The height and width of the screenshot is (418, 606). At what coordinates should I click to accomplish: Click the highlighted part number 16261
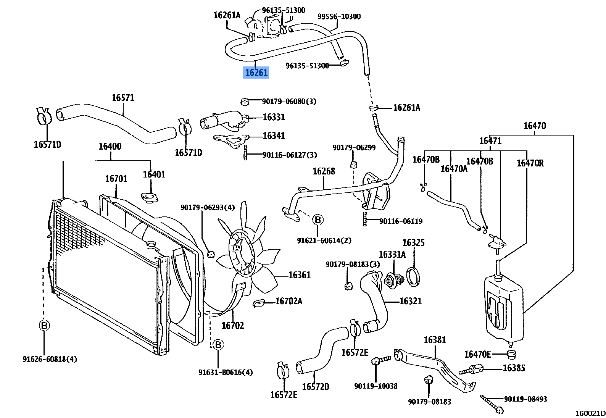pos(256,73)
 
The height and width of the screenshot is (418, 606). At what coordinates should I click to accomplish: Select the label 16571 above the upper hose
pos(123,97)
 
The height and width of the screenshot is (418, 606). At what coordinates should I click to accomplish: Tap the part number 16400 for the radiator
pos(110,146)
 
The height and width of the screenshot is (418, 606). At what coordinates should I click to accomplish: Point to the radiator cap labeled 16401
pos(149,197)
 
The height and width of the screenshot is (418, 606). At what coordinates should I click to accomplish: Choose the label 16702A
pos(288,301)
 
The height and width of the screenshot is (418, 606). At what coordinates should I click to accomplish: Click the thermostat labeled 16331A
pos(393,280)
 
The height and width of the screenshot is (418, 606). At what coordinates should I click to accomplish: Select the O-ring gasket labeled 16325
pos(413,277)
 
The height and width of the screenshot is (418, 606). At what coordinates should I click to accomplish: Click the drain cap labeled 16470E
pos(511,354)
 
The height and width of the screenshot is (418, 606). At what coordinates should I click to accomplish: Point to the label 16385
pos(514,368)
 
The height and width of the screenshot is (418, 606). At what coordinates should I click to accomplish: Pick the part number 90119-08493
pos(525,399)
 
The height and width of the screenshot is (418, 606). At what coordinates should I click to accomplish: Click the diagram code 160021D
pos(590,413)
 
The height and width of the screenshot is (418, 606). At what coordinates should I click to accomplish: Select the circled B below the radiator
pos(44,325)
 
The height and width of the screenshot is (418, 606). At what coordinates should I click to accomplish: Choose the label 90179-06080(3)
pos(289,102)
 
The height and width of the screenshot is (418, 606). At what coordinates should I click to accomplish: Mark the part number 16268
pos(324,171)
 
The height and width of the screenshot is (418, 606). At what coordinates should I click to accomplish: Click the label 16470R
pos(530,163)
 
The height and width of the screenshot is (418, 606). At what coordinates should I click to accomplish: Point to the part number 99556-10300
pos(339,16)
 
